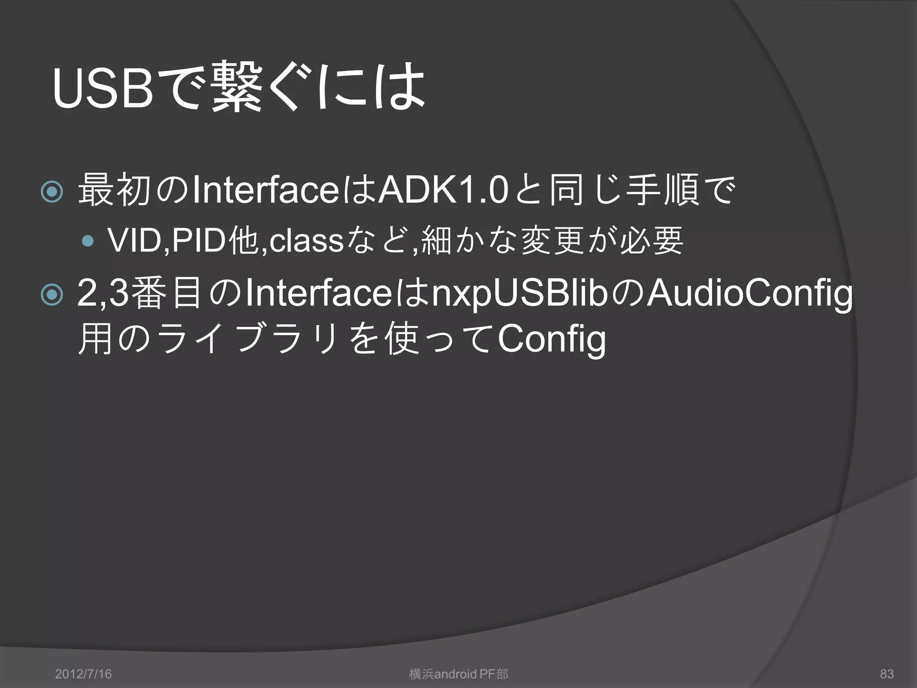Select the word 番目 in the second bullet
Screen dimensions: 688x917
[167, 294]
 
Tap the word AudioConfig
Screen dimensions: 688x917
[750, 295]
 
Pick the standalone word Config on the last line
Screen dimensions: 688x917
[552, 340]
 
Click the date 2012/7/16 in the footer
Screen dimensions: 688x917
[83, 674]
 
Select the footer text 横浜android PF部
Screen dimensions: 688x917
[458, 674]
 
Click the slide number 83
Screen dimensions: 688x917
[887, 674]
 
